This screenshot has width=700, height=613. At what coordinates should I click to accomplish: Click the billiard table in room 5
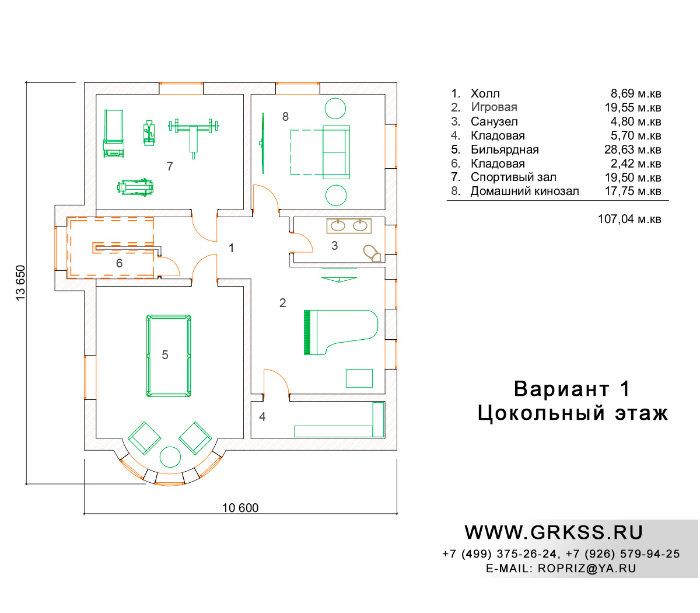coord(169,356)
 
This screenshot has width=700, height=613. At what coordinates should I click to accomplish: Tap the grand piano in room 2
coord(341,332)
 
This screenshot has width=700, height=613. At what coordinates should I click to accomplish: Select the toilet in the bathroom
coord(372,253)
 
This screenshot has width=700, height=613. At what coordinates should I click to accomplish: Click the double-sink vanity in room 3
coord(349,226)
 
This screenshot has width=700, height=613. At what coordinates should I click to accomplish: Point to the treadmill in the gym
coord(114,133)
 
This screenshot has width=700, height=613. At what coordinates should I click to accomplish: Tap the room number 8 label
coord(285,117)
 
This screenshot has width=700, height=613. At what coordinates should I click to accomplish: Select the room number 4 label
coord(262,416)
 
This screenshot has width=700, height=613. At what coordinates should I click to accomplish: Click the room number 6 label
coord(119,263)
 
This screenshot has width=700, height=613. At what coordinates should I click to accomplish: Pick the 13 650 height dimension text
coord(20,283)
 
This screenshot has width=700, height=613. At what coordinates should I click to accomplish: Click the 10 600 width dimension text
coord(240,508)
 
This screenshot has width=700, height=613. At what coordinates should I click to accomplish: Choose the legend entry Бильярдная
coord(505,149)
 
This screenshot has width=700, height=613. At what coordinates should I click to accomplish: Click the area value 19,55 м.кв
coord(632,107)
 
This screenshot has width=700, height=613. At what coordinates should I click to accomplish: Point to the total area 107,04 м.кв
coord(629,219)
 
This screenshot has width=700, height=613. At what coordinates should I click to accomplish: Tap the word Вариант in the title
coord(561,389)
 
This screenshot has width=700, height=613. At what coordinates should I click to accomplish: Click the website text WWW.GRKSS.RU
coord(554,533)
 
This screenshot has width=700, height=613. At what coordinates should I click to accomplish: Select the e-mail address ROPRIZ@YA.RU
coord(587,568)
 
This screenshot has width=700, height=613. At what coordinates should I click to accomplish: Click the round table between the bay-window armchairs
coord(170,457)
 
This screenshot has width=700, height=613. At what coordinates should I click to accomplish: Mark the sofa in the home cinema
coord(337,152)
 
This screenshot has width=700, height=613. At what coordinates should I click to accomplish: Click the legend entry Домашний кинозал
coord(524,191)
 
